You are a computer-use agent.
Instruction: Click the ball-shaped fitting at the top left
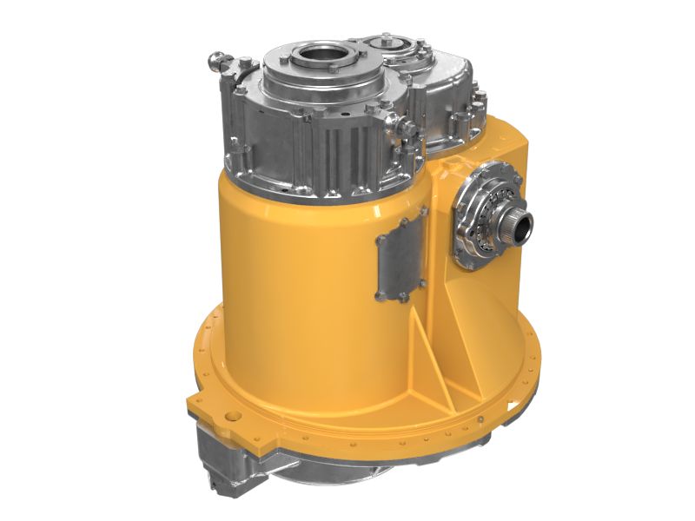tap(215, 62)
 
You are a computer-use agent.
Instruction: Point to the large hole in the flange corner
tap(233, 417)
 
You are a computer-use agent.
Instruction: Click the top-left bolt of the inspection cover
tap(379, 236)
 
